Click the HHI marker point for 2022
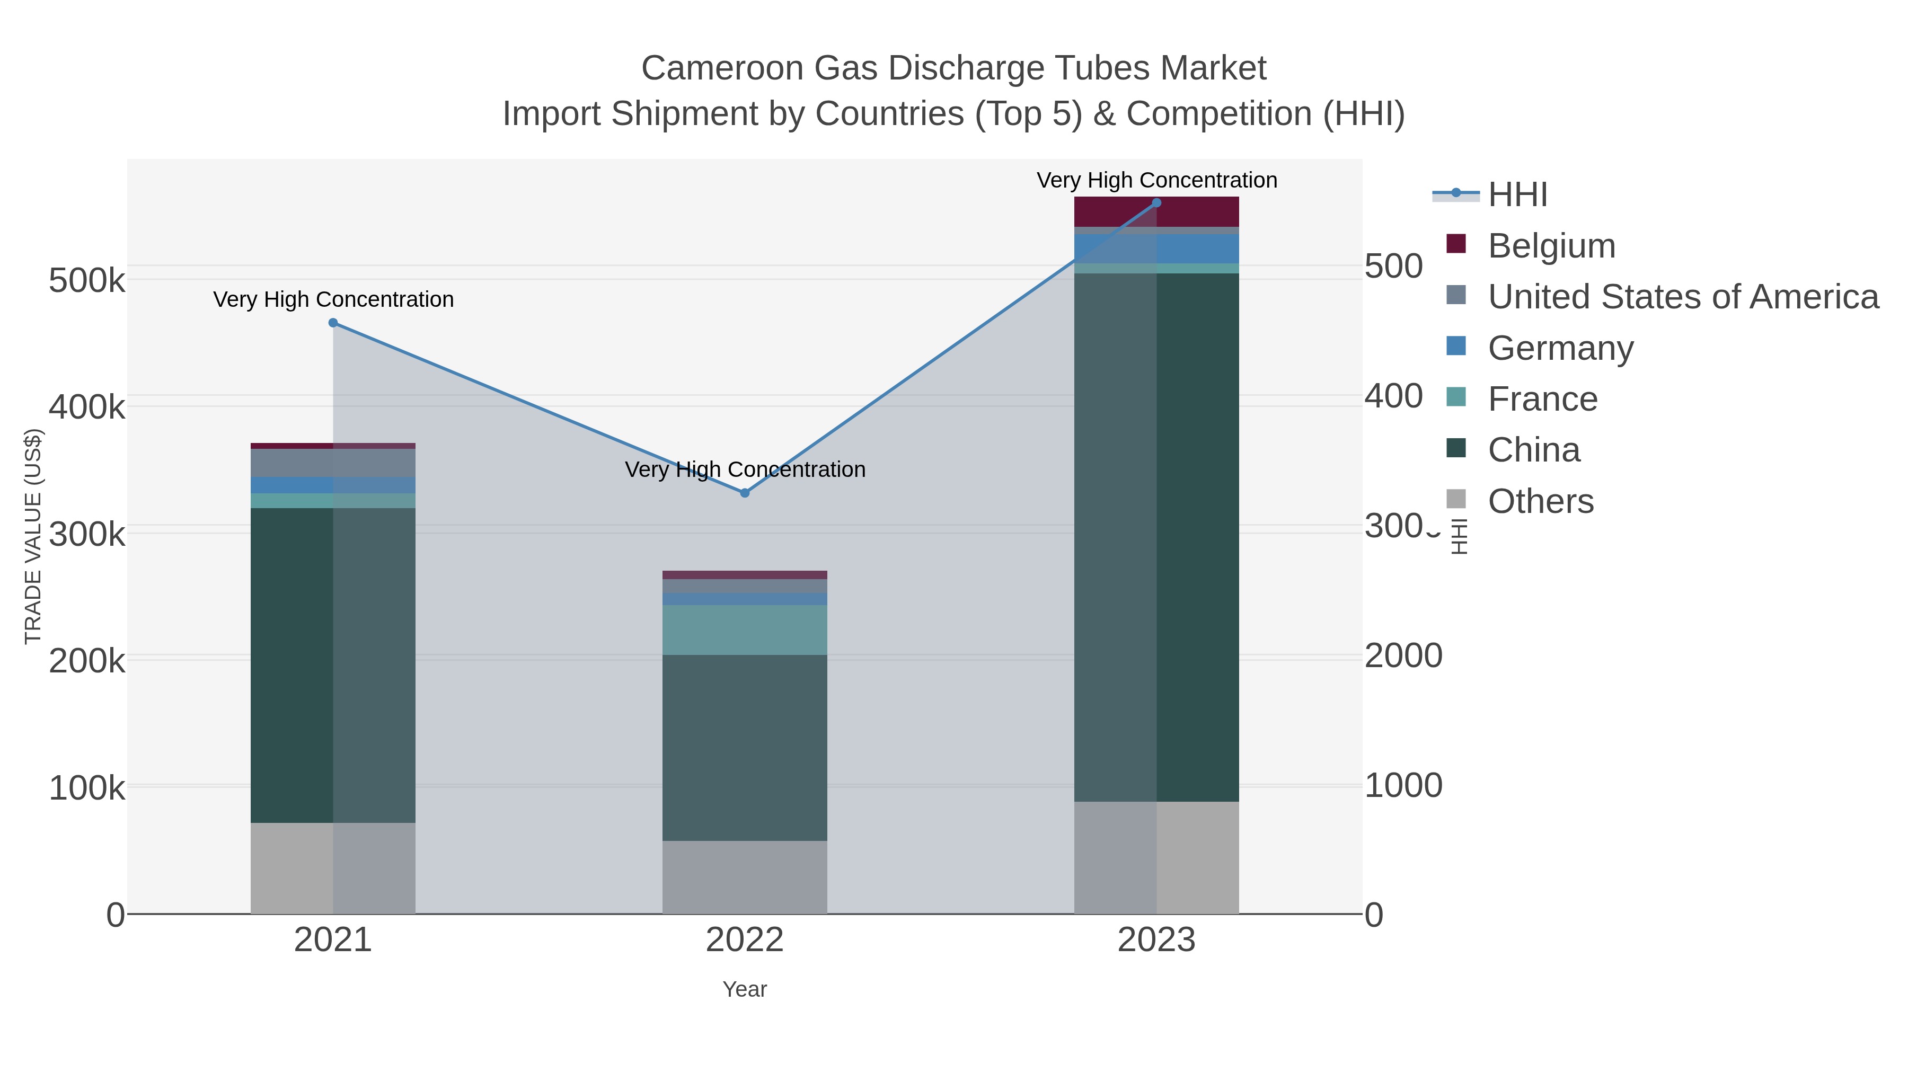(745, 493)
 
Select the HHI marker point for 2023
(1156, 203)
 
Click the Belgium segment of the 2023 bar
(1156, 212)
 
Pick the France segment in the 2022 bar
(745, 630)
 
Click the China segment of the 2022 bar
(745, 747)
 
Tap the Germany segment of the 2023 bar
(1156, 249)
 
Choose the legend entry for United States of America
(1682, 297)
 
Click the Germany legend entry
(1560, 348)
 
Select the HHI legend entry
(1517, 195)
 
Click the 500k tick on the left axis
(87, 281)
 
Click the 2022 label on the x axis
(745, 941)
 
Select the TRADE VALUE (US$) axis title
(33, 536)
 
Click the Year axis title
(745, 989)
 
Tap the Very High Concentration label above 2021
(333, 300)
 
